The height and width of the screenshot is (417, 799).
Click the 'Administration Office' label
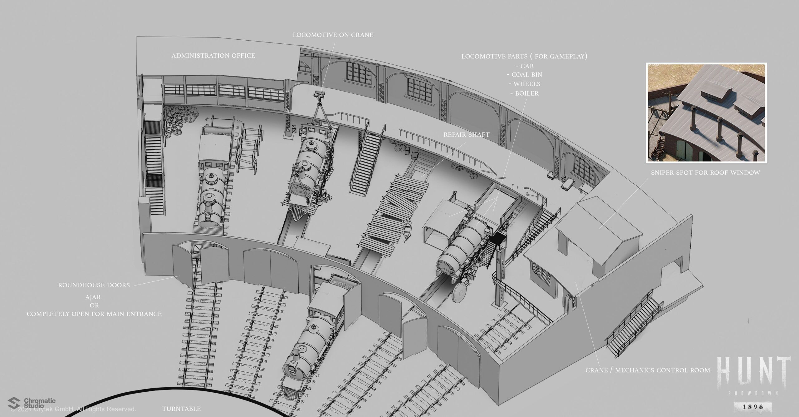tap(213, 56)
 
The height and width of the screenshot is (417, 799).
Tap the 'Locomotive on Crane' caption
tap(333, 35)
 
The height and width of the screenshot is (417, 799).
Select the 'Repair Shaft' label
tap(466, 135)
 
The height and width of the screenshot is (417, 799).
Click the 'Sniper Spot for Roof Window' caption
tap(705, 172)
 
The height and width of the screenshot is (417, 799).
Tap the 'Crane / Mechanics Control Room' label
tap(648, 370)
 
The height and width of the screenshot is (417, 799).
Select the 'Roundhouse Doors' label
tap(94, 285)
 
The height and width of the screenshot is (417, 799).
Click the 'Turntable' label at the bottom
tap(181, 409)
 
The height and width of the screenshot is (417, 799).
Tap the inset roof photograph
tap(706, 113)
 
